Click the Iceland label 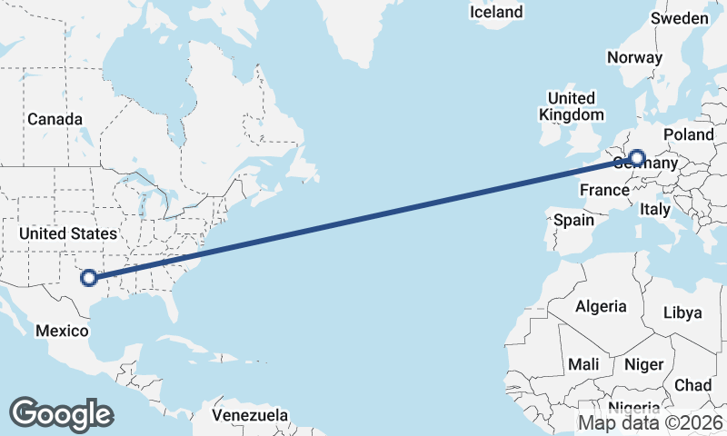tap(496, 12)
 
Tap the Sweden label tap(680, 18)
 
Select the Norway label tap(634, 57)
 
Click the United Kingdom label tap(571, 106)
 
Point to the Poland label tap(689, 134)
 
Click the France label tap(604, 190)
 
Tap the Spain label tap(573, 220)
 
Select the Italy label tap(655, 209)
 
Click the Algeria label tap(601, 306)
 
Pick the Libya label tap(682, 312)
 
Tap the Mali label tap(583, 364)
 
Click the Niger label tap(643, 364)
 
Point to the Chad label tap(693, 385)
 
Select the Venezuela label tap(250, 415)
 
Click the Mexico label tap(62, 331)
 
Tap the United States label tap(68, 233)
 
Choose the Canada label tap(55, 119)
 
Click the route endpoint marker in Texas tap(88, 278)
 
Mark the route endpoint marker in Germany tap(636, 159)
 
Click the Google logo tap(61, 413)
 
